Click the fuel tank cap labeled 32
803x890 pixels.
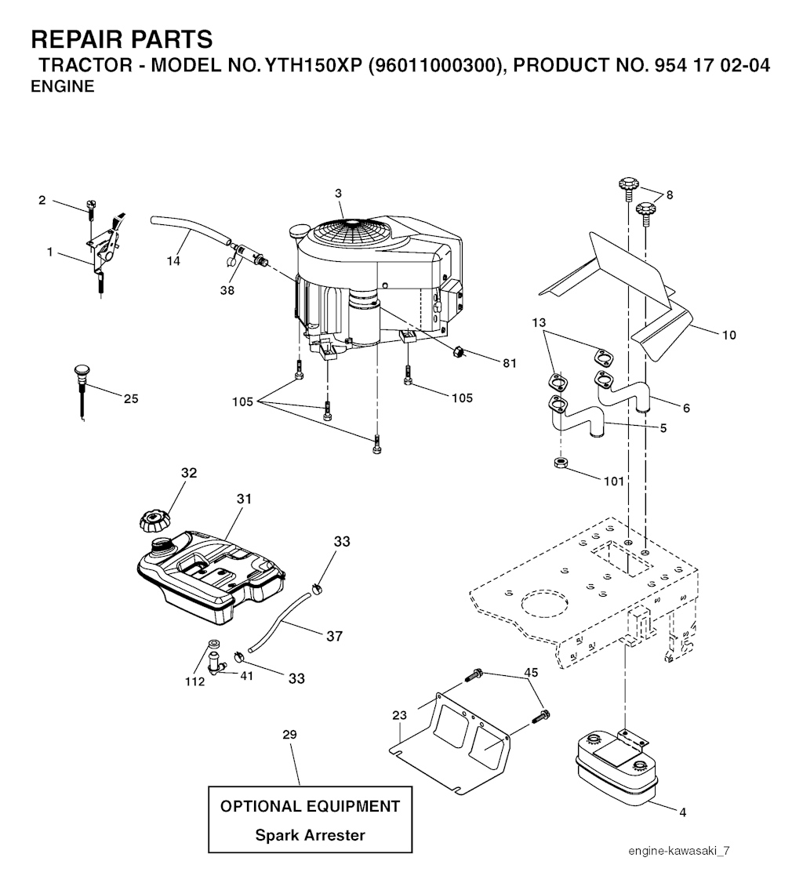point(154,520)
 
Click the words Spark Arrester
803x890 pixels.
point(310,835)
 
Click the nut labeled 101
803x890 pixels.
point(561,463)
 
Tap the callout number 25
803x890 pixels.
point(131,398)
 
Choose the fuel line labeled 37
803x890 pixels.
point(282,619)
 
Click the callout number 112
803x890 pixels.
point(194,681)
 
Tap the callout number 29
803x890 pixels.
point(289,735)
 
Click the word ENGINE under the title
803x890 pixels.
point(62,87)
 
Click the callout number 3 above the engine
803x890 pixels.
point(338,193)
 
